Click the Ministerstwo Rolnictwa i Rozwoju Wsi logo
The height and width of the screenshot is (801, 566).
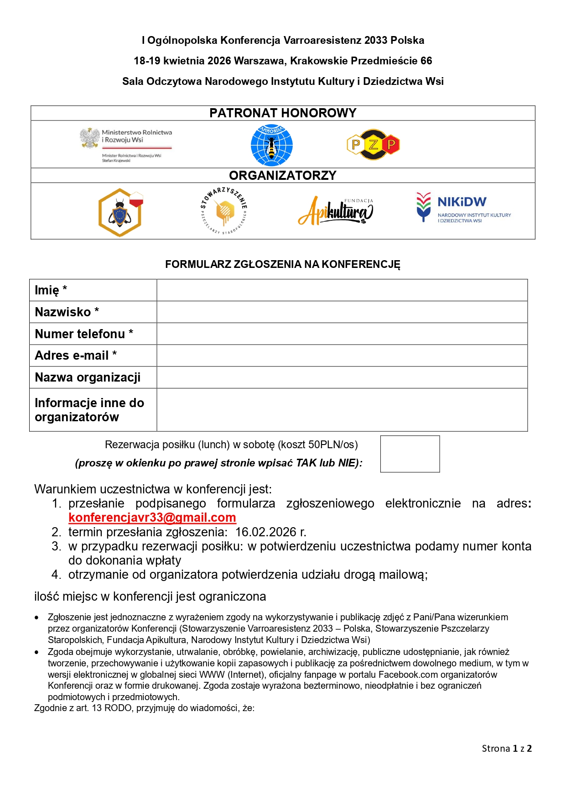coord(125,144)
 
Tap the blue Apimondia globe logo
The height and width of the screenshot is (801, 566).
coord(272,145)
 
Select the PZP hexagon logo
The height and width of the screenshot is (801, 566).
coord(373,145)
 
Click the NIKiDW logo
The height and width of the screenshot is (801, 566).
coord(463,208)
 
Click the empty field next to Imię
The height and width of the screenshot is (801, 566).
coord(342,290)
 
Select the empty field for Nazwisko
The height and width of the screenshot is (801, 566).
coord(342,312)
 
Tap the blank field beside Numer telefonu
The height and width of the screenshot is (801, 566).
coord(342,334)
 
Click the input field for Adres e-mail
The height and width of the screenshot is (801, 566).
coord(342,356)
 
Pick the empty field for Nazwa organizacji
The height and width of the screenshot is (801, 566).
coord(342,377)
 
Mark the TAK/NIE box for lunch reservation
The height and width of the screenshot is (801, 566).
coord(410,454)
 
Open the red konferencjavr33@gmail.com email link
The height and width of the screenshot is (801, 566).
coord(152,518)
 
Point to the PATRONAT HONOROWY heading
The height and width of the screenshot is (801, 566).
coord(283,113)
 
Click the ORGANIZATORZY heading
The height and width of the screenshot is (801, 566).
coord(283,176)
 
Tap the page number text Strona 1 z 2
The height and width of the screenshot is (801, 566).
coord(507,749)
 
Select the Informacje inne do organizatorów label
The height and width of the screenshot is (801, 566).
coord(89,410)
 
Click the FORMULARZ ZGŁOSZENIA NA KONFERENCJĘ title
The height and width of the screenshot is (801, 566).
coord(283,264)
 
